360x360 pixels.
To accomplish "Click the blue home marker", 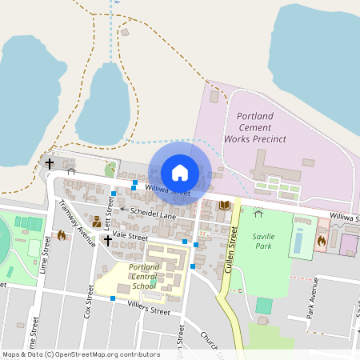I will [180, 172].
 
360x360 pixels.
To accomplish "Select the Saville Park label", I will [263, 242].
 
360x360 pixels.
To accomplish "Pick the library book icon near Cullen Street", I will [224, 206].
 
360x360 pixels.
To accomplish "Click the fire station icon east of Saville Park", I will [322, 240].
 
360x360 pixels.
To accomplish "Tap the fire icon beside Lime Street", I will [61, 235].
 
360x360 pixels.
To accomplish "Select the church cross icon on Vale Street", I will [107, 239].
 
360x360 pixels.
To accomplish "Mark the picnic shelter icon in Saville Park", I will [258, 213].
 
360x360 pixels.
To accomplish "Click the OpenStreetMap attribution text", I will [80, 354].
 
